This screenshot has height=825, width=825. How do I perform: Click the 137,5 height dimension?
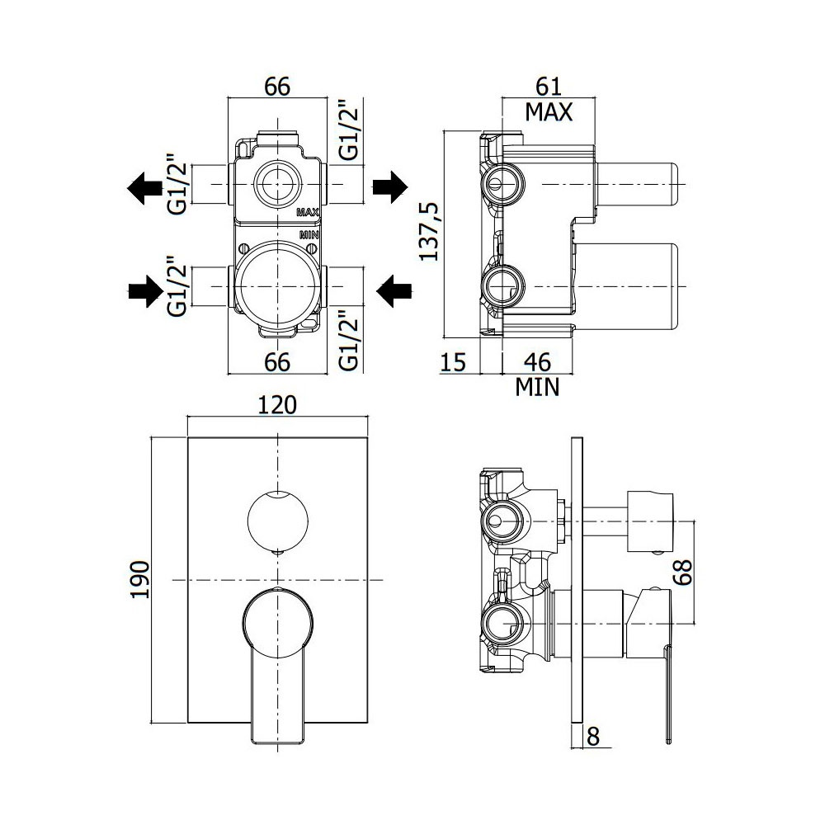[x=429, y=233]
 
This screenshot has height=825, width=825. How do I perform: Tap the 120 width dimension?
[x=277, y=404]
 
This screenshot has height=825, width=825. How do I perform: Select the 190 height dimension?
[x=139, y=579]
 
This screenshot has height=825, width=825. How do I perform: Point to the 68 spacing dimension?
[x=684, y=573]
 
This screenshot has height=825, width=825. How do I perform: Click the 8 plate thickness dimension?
[x=593, y=737]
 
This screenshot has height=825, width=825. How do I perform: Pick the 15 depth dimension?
[x=453, y=362]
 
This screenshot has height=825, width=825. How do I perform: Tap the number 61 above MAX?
[x=549, y=87]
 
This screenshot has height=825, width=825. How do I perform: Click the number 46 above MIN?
[x=537, y=362]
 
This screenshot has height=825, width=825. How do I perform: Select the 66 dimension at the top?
[x=277, y=87]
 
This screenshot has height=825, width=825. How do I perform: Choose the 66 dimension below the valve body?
[x=277, y=362]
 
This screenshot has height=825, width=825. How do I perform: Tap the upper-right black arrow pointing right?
[x=390, y=186]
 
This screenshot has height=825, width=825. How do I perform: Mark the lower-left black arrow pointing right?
[x=145, y=290]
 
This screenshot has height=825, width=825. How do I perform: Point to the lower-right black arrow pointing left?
[x=394, y=290]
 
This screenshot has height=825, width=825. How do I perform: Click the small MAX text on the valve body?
[x=309, y=213]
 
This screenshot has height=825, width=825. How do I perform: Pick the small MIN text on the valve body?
[x=309, y=234]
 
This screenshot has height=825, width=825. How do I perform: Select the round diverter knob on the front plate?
[x=277, y=520]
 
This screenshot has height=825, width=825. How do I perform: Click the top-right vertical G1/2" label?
[x=348, y=130]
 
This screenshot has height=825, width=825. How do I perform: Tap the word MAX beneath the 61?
[x=549, y=112]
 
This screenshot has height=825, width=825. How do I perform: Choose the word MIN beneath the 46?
[x=537, y=388]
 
